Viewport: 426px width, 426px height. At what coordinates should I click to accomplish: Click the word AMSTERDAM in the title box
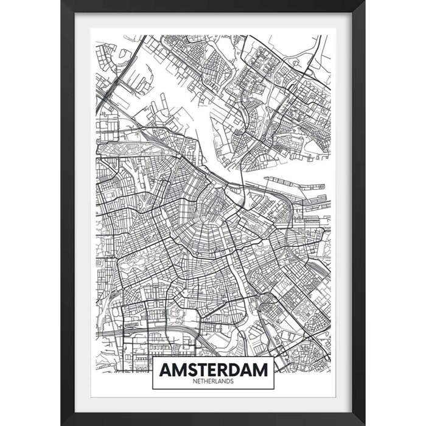[212, 369]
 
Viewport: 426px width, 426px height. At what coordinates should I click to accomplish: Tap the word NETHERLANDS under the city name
[212, 382]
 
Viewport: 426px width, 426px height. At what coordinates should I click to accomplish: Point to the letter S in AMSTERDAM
[190, 369]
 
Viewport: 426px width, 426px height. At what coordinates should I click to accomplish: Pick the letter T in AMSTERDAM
[201, 369]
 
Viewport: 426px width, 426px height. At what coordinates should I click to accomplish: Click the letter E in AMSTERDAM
[213, 369]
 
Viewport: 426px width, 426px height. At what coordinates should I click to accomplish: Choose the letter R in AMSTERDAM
[225, 369]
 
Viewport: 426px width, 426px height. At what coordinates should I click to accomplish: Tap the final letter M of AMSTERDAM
[262, 369]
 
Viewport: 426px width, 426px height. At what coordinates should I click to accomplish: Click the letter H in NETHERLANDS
[204, 382]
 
